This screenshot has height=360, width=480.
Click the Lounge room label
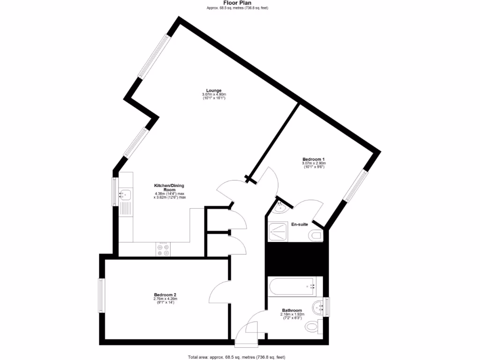click(213, 90)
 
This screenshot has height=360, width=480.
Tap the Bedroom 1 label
click(314, 159)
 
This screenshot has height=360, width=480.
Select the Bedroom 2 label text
click(165, 295)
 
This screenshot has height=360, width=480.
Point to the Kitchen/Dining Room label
click(170, 187)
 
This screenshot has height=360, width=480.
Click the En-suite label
click(300, 224)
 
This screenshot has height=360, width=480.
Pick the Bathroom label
click(292, 310)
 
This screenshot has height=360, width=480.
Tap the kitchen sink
click(125, 194)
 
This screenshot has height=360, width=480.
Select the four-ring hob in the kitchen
click(164, 250)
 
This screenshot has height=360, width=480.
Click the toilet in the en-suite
click(316, 234)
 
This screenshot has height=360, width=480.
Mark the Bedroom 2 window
click(101, 295)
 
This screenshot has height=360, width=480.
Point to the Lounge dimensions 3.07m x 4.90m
click(214, 95)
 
